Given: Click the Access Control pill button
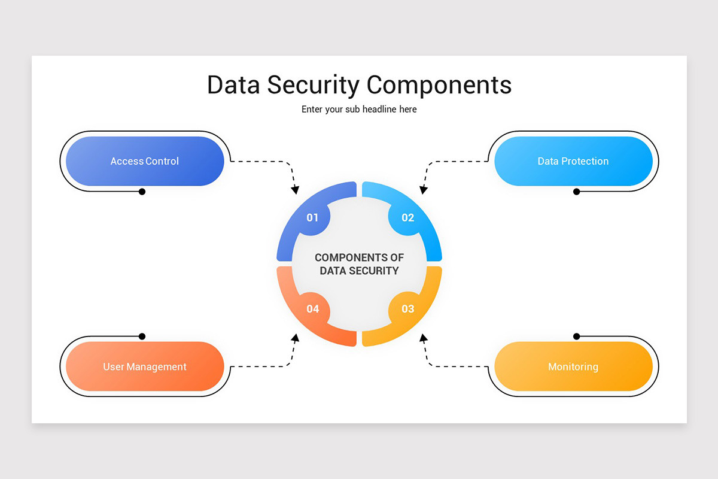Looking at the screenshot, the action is pos(145,161).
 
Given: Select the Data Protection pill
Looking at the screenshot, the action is pos(573,161).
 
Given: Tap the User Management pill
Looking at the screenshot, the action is pos(145,366).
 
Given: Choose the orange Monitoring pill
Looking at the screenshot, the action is pos(573,366).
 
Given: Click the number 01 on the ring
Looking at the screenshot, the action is pos(312,217).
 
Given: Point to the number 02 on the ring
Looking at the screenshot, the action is pos(407,217).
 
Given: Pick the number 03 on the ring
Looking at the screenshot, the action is pos(407,308).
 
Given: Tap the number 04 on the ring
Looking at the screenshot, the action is pos(312,308).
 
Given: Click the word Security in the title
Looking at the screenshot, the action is pos(313,86).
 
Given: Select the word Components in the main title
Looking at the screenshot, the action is pos(439,86).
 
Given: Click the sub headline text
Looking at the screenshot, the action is pos(359,110).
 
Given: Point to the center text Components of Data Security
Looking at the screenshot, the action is pos(360,264).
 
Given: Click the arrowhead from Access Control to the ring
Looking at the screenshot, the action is pos(295,190).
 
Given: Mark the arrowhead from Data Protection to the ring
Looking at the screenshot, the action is pos(424,190).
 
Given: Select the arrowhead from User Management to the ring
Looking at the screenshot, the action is pos(296,338).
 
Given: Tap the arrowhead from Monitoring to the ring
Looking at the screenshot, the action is pos(424,338).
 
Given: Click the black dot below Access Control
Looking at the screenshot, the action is pos(142,192).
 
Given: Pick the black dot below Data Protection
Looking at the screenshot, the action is pos(576,192).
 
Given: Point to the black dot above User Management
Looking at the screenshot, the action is pos(142,336).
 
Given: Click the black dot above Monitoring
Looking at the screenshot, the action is pos(576,336).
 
